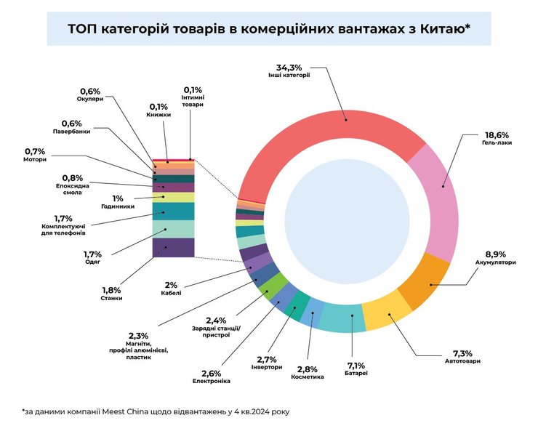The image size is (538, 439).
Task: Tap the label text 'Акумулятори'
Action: [x=495, y=262]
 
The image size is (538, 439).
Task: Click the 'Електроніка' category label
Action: [x=212, y=381]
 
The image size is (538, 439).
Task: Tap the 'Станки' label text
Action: [x=112, y=298]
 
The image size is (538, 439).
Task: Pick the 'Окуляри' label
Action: [x=89, y=100]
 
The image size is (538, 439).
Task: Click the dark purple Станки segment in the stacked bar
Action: [x=173, y=247]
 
